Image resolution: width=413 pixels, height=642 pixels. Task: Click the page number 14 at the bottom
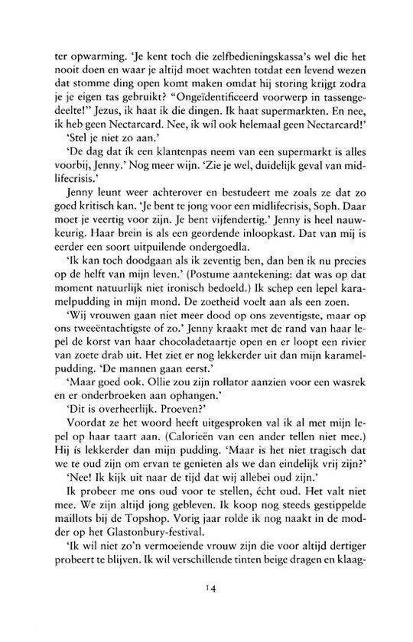pyautogui.click(x=206, y=608)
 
